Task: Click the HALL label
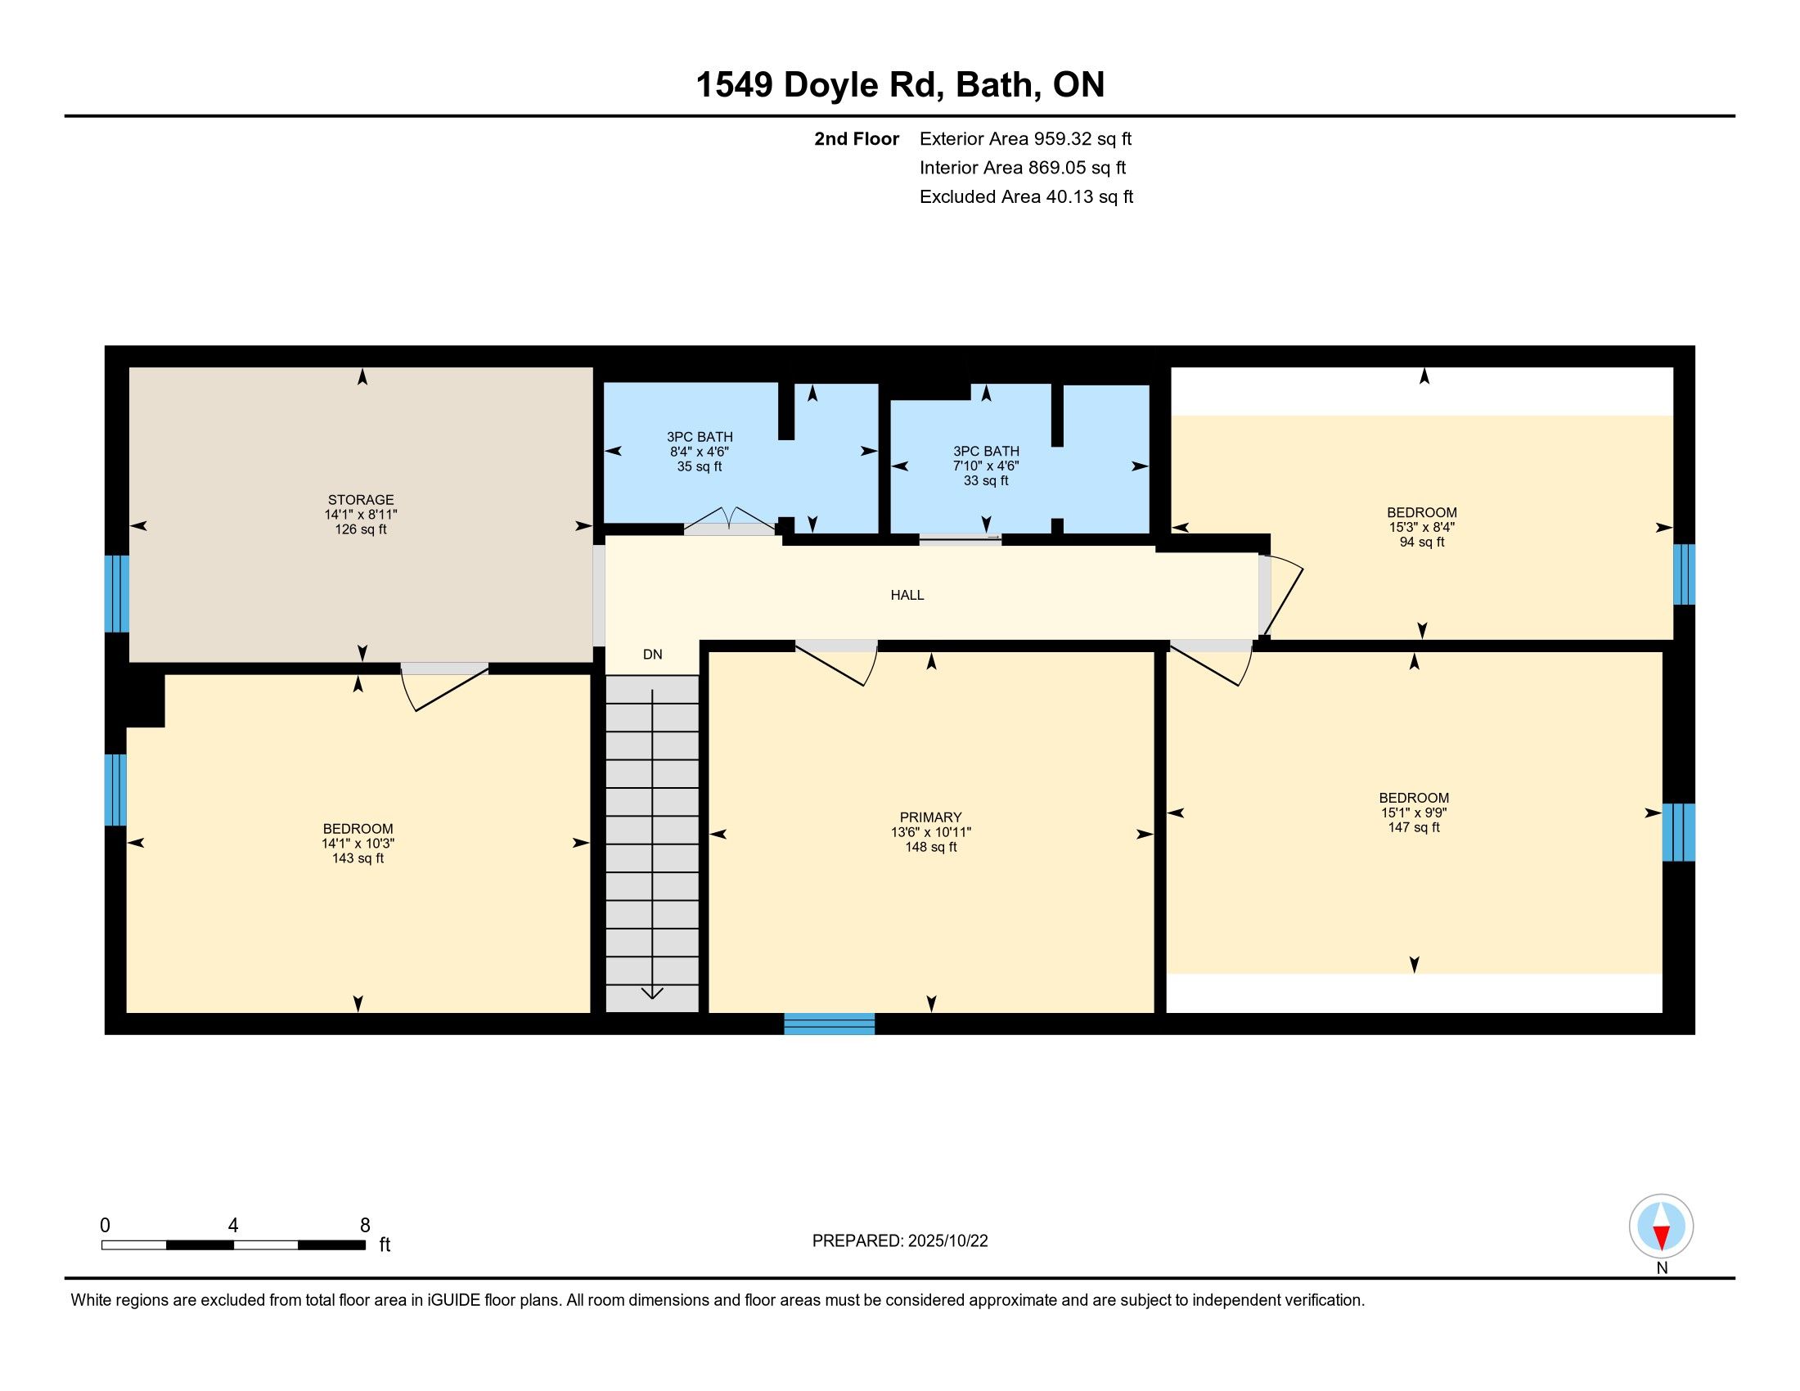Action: click(x=907, y=595)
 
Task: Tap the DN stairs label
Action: click(x=652, y=655)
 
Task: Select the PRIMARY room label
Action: click(x=930, y=817)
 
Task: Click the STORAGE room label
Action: click(x=361, y=499)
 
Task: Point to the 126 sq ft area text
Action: click(x=361, y=529)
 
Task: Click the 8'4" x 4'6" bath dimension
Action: click(x=700, y=452)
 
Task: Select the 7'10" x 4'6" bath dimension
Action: click(x=987, y=466)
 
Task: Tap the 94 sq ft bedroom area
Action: click(x=1422, y=542)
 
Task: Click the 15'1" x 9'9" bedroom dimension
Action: click(x=1415, y=813)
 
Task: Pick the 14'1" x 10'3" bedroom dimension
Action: click(x=358, y=844)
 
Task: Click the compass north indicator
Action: click(x=1662, y=1234)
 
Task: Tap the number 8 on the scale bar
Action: click(x=365, y=1226)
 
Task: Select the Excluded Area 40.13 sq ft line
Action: click(x=1026, y=197)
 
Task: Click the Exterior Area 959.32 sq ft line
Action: click(x=1025, y=139)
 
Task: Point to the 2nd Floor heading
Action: click(x=857, y=139)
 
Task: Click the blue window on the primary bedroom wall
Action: click(x=829, y=1024)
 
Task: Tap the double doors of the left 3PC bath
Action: click(x=729, y=522)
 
